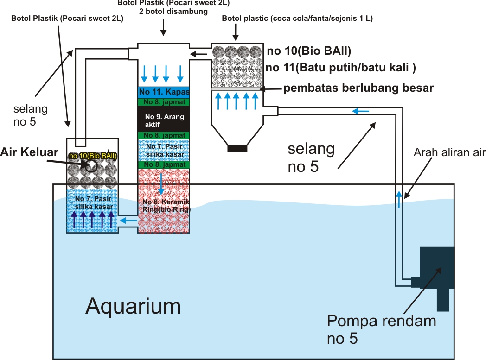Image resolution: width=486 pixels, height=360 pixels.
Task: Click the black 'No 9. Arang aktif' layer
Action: click(x=163, y=118)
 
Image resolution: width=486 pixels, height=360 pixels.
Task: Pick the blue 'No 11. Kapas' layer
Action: click(x=163, y=92)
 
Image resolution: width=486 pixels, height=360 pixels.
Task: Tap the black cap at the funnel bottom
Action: click(x=237, y=148)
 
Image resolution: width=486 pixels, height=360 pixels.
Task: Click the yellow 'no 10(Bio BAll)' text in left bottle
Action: click(x=93, y=156)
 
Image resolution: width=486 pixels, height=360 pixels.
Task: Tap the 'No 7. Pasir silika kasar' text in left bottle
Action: click(x=93, y=202)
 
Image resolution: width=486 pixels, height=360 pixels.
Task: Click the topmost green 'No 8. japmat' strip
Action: click(x=163, y=101)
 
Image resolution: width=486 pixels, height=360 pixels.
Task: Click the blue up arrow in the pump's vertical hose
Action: click(x=398, y=198)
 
